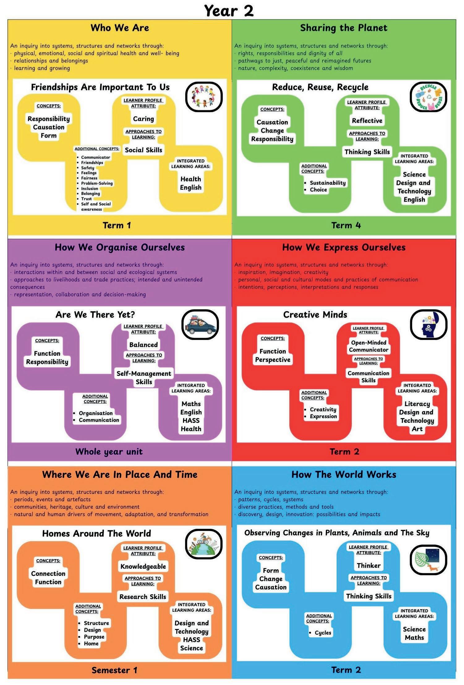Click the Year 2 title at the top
pos(229,11)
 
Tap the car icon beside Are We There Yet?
pos(200,325)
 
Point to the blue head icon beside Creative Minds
pos(429,325)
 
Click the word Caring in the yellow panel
pos(143,119)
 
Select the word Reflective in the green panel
pos(367,121)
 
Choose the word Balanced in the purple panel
pos(143,345)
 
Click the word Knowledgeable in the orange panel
pos(143,566)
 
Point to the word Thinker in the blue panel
pos(368,565)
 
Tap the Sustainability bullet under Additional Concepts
pos(327,183)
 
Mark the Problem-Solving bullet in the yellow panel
pos(97,183)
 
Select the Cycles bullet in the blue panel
pos(323,633)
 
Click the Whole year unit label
pos(109,452)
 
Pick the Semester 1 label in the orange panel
pos(114,670)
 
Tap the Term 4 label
pos(346,225)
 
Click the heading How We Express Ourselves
pos(344,247)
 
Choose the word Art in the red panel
pos(417,429)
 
